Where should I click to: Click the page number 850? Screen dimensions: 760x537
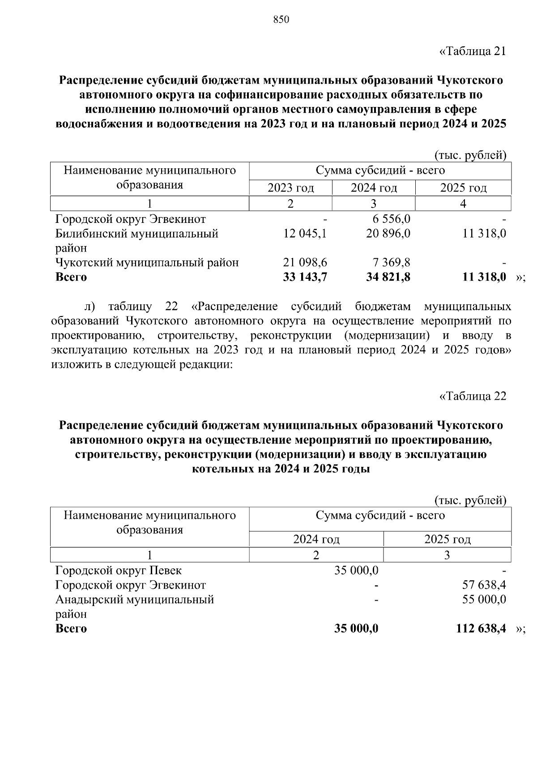click(x=281, y=20)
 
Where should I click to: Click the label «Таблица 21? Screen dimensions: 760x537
click(x=473, y=51)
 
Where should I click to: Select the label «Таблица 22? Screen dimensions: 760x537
click(x=473, y=396)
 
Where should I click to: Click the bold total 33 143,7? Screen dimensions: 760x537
click(x=305, y=277)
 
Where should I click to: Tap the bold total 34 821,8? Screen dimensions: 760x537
click(x=388, y=277)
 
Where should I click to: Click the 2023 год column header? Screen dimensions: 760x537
click(x=290, y=188)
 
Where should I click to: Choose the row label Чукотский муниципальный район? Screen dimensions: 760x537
click(x=147, y=262)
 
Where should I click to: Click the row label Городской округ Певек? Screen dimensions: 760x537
click(x=119, y=571)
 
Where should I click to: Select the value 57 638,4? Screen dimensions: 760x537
click(x=484, y=585)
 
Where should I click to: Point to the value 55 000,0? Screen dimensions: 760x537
click(x=484, y=599)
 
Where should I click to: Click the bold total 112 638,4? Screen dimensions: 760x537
click(x=481, y=628)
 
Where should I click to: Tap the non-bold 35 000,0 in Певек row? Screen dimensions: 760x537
click(x=356, y=571)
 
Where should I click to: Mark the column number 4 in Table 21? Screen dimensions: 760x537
click(x=463, y=204)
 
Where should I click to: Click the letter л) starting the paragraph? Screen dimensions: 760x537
click(x=90, y=307)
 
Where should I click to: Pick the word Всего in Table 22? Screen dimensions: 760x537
click(x=71, y=628)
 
